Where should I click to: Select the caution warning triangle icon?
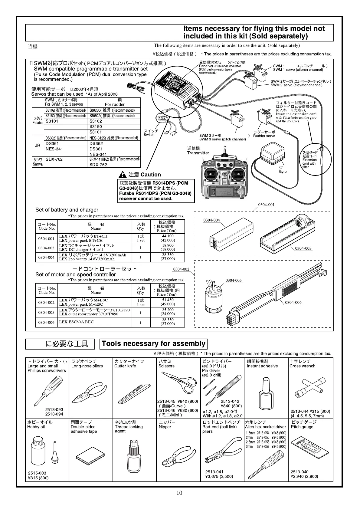pyautogui.click(x=123, y=175)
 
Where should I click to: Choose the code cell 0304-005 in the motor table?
pyautogui.click(x=46, y=313)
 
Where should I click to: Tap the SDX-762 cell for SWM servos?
pyautogui.click(x=54, y=159)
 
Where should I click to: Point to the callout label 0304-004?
pyautogui.click(x=211, y=220)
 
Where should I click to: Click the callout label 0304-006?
pyautogui.click(x=293, y=302)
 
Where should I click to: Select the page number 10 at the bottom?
pyautogui.click(x=180, y=493)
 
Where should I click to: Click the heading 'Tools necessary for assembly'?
pyautogui.click(x=153, y=344)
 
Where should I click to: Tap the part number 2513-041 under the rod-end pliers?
pyautogui.click(x=214, y=472)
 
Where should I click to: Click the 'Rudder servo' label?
pyautogui.click(x=264, y=136)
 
